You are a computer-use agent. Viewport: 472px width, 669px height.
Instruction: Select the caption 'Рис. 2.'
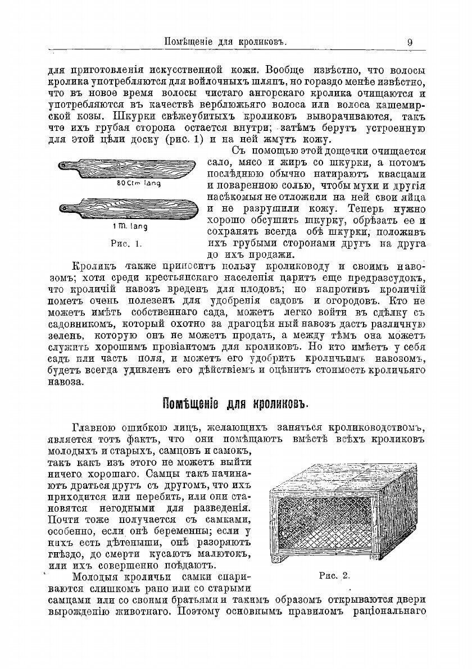[x=334, y=575]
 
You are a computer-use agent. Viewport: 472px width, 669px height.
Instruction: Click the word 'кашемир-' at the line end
[x=401, y=104]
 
